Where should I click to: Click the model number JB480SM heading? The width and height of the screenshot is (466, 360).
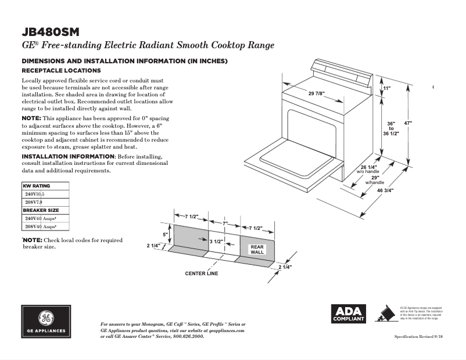click(50, 31)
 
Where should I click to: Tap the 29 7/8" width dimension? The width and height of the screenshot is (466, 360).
click(316, 94)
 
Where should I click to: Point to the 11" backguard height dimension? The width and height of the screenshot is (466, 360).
click(387, 88)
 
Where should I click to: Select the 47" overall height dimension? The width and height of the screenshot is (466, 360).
click(408, 123)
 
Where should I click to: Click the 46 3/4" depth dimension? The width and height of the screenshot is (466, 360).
click(385, 190)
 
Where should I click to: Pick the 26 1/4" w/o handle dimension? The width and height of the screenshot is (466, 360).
click(368, 169)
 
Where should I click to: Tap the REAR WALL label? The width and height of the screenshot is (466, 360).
click(257, 250)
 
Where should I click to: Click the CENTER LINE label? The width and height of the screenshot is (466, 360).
click(202, 273)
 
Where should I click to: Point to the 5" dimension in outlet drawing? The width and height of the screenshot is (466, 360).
click(165, 235)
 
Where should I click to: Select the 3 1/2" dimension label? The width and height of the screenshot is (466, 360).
click(217, 240)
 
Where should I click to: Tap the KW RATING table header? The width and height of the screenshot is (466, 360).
click(37, 186)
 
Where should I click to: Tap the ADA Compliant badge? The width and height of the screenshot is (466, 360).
click(348, 314)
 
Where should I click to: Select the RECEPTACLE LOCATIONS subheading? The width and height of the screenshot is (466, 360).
click(61, 70)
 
